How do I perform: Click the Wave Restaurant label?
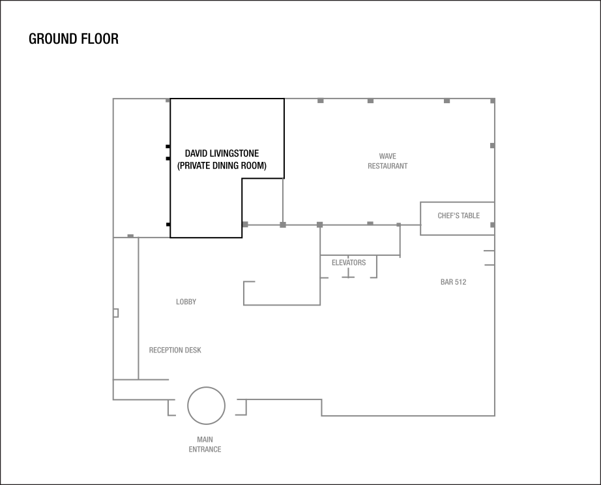(x=387, y=161)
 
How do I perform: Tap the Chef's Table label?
(x=458, y=215)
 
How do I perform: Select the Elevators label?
(x=348, y=262)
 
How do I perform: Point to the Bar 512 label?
(x=453, y=282)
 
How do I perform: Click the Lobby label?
(x=186, y=302)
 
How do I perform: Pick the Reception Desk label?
(x=175, y=350)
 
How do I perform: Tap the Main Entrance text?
(x=205, y=445)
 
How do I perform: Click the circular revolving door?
(x=206, y=405)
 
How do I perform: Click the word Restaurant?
(x=387, y=166)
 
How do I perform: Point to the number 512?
(x=460, y=282)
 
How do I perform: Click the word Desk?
(x=193, y=350)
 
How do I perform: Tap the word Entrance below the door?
(x=205, y=450)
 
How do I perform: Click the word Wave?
(x=387, y=156)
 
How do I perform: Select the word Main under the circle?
(x=205, y=439)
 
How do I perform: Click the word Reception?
(x=166, y=350)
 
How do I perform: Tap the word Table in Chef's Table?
(x=469, y=215)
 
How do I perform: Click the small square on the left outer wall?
(x=116, y=313)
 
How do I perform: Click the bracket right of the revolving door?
(x=241, y=407)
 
